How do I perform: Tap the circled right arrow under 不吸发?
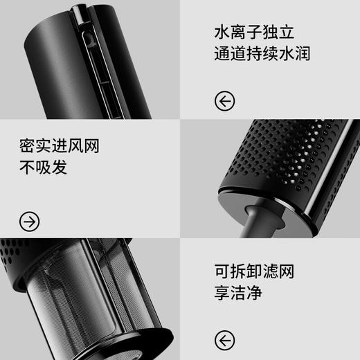pyautogui.click(x=30, y=222)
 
